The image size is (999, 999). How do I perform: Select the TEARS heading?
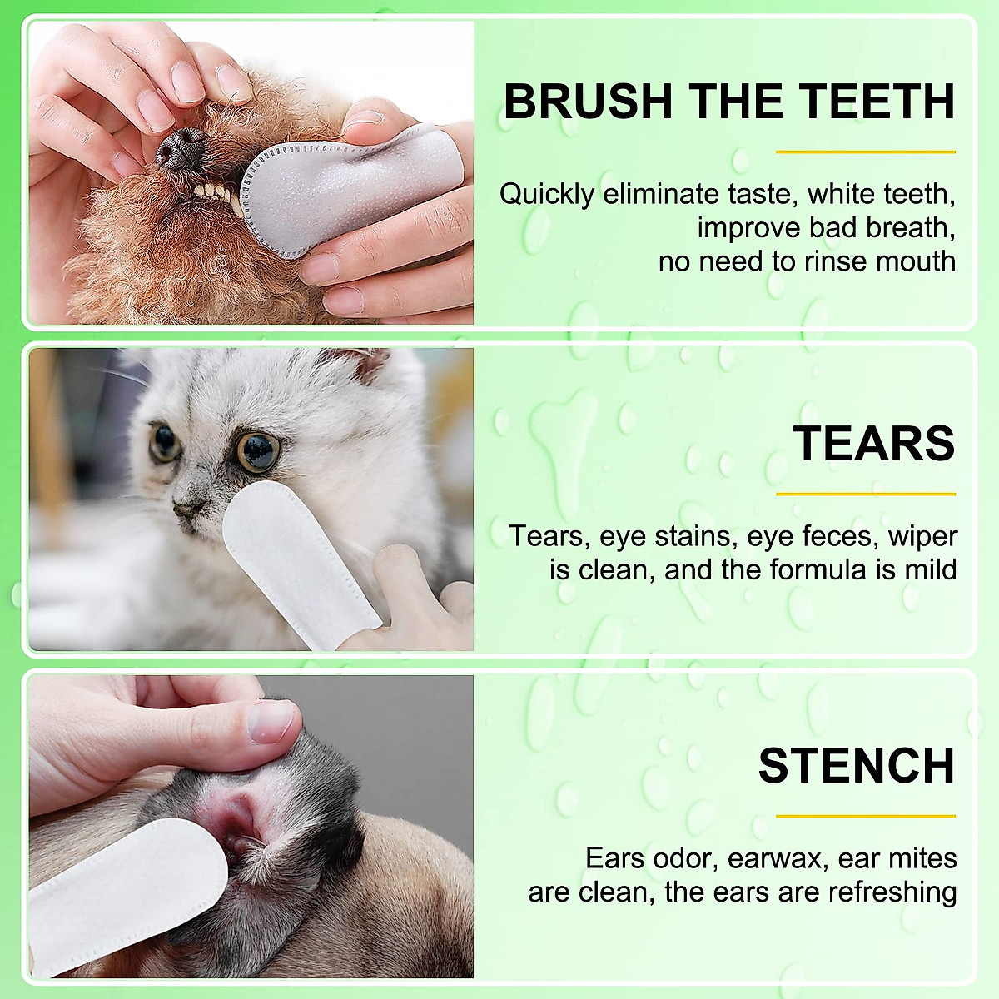tap(873, 443)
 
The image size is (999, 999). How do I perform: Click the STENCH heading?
tap(856, 765)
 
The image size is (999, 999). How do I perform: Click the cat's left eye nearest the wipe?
tap(257, 450)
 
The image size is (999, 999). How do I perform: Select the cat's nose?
tap(191, 504)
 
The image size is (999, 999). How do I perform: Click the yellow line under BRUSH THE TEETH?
tap(865, 152)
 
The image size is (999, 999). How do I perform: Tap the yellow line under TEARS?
tap(865, 494)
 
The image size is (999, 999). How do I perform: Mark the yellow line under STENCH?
tap(865, 816)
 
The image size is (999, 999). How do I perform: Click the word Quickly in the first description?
tap(547, 195)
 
